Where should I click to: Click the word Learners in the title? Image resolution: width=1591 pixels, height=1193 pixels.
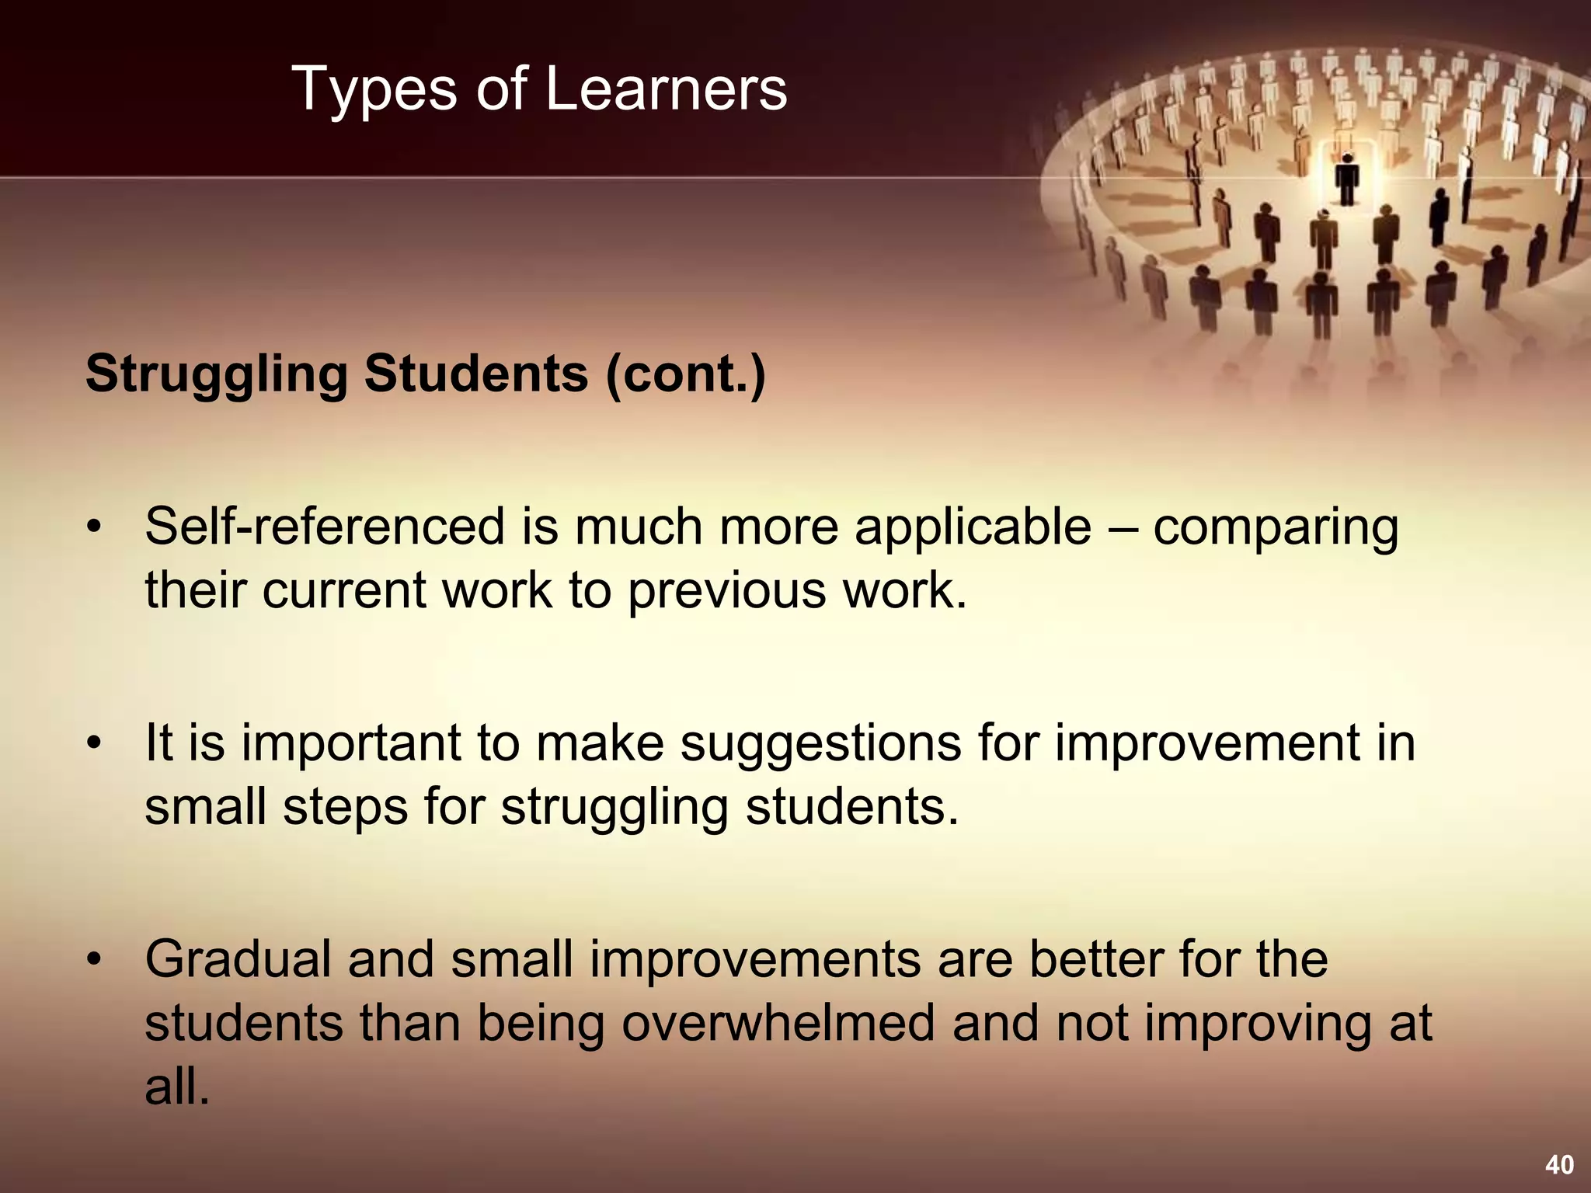(666, 89)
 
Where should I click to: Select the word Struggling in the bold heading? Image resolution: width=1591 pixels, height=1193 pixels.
(217, 375)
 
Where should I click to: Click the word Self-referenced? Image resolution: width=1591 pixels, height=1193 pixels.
(324, 527)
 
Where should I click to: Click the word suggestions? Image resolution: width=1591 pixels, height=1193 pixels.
(821, 744)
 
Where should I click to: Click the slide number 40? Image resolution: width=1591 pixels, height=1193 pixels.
(1559, 1164)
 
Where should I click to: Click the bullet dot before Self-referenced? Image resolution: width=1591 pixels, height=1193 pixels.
(94, 528)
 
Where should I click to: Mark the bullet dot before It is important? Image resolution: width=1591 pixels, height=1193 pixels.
(94, 744)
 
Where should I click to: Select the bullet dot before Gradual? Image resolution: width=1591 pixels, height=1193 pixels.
(94, 960)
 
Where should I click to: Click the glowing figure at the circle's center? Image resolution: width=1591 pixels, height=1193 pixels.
(1347, 179)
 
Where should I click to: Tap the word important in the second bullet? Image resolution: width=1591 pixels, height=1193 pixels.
(351, 744)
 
